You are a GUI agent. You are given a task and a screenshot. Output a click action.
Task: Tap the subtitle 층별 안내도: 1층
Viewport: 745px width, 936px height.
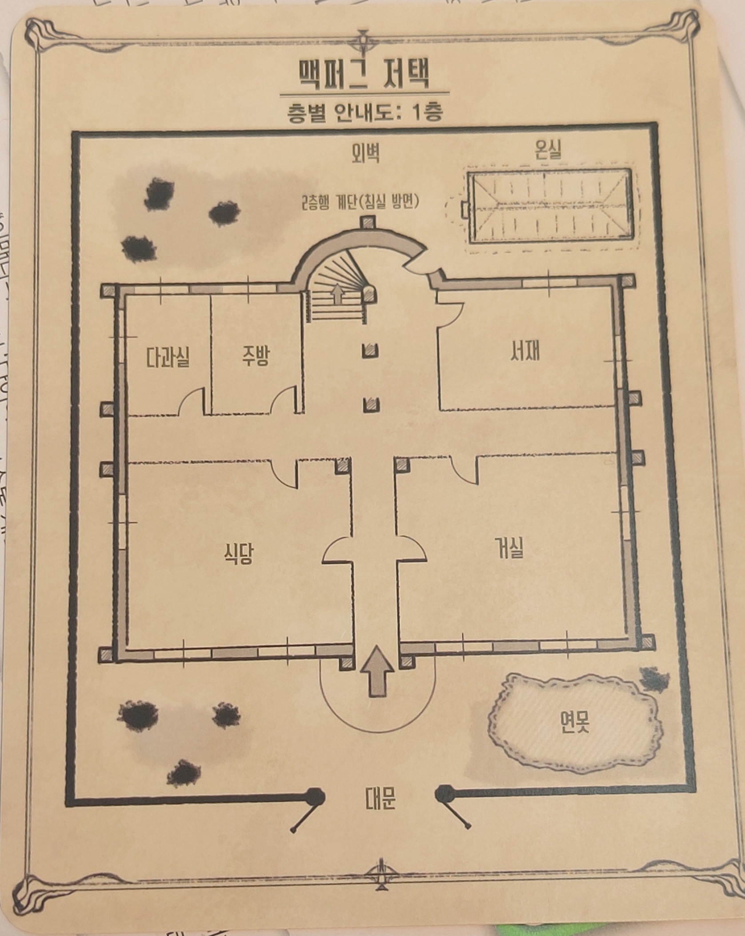364,113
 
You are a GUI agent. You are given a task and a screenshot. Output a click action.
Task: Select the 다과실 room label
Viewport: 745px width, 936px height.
168,357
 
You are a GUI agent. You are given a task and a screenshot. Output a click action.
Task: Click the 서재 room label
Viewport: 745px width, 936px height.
525,352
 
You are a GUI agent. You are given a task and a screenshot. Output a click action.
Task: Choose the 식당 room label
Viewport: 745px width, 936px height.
239,554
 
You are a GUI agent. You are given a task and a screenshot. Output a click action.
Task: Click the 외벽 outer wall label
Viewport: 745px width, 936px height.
365,154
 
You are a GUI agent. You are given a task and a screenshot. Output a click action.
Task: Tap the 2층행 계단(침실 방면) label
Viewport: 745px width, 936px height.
360,204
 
